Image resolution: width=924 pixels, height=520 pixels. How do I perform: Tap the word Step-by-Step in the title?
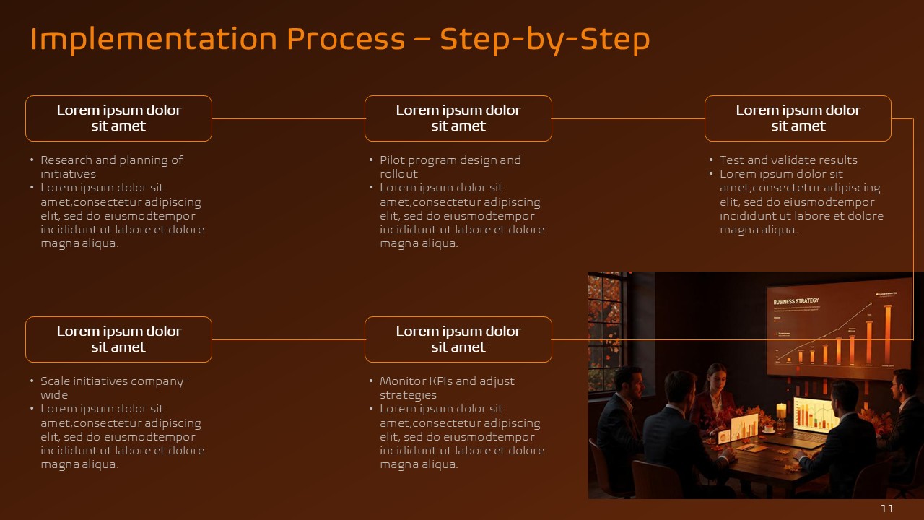pos(545,40)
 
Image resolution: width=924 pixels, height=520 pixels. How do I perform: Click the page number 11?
pos(887,509)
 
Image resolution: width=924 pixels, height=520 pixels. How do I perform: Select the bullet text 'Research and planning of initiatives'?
pos(111,167)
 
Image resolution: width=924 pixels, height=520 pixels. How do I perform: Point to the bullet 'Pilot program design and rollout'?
pos(450,167)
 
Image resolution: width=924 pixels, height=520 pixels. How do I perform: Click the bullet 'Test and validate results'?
pos(788,160)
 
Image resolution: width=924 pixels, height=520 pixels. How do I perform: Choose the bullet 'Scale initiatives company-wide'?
pos(114,388)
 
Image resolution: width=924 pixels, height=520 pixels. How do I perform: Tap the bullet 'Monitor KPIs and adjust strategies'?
pos(447,388)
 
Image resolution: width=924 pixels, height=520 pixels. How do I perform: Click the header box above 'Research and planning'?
pos(118,118)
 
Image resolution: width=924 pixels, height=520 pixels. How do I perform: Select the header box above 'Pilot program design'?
pos(458,118)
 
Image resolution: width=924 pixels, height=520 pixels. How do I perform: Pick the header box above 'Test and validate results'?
pos(798,118)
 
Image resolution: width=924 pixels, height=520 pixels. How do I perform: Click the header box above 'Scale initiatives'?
pos(118,339)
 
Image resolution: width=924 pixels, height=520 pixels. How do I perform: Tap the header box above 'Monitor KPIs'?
pos(458,339)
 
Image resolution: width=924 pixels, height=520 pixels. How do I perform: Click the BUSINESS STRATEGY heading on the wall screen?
pos(796,302)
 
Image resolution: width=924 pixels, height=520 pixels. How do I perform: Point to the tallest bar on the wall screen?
pos(887,335)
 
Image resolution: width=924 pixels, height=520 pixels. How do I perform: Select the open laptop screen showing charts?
pos(814,415)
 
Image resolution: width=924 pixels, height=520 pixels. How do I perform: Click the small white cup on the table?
pos(768,428)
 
